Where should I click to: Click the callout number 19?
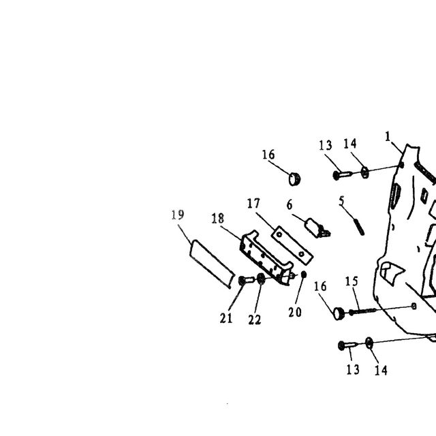click(x=177, y=215)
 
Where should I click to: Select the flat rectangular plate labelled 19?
click(x=212, y=264)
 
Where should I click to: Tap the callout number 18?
click(x=218, y=219)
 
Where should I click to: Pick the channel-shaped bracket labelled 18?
click(x=266, y=258)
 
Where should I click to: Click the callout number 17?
click(x=253, y=204)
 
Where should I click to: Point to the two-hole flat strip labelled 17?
click(x=292, y=245)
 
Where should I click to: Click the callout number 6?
click(x=290, y=205)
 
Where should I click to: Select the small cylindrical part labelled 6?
click(x=317, y=228)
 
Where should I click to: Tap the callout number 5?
click(x=342, y=201)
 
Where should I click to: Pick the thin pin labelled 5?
click(x=359, y=227)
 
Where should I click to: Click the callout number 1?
click(x=388, y=136)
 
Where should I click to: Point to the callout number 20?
click(x=295, y=312)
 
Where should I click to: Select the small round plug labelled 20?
click(x=304, y=275)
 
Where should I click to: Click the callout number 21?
click(x=225, y=318)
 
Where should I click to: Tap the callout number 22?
click(x=254, y=320)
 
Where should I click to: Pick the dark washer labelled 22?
click(x=260, y=279)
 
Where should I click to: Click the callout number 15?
click(x=352, y=281)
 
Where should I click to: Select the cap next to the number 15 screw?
click(x=339, y=313)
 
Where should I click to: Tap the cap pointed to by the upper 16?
click(x=294, y=179)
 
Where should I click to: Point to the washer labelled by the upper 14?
click(x=365, y=172)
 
